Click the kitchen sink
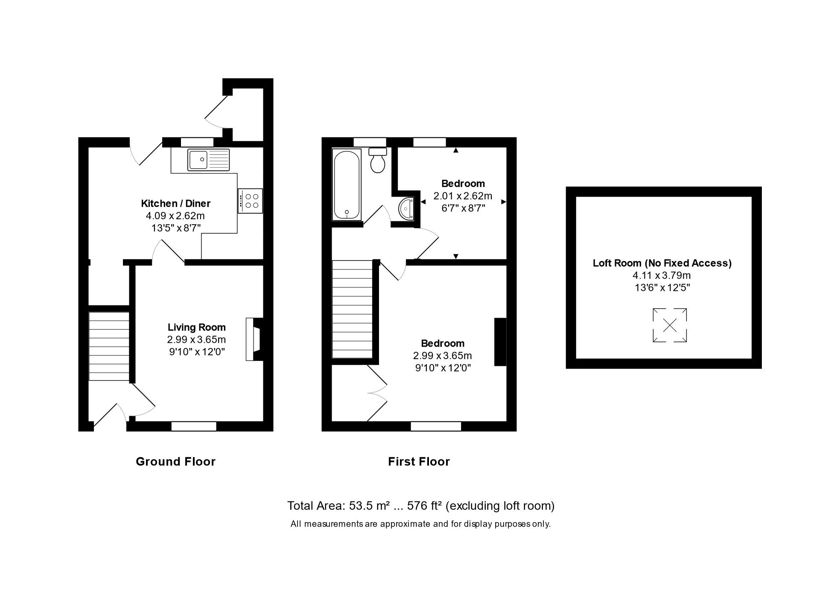208,160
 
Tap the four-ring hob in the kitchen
251,201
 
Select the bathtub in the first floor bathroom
347,185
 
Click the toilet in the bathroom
378,160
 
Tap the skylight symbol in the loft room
670,325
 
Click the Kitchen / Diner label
176,203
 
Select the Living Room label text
196,327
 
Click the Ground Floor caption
175,461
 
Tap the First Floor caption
419,461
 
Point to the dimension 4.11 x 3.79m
662,276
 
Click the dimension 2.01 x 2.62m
463,196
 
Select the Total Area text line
420,506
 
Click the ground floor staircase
109,346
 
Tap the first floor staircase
352,309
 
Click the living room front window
194,426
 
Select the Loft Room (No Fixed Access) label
662,263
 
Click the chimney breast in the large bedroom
500,342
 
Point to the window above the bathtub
370,142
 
